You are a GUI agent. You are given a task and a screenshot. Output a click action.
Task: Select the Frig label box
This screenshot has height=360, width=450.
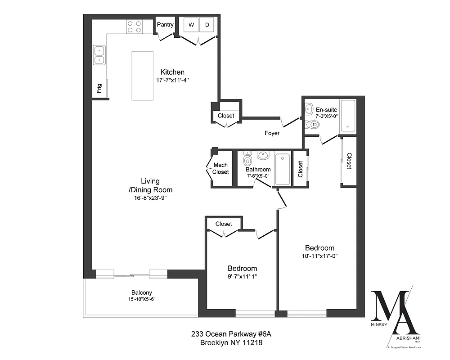[99, 87]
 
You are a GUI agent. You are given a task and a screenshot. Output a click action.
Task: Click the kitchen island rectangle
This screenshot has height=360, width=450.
[143, 76]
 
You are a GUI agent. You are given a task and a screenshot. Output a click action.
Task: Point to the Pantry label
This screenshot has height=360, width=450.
[165, 25]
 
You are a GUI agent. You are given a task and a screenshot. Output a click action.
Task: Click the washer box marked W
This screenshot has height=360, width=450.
[191, 25]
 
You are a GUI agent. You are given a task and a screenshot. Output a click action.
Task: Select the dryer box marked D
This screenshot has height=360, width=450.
[207, 25]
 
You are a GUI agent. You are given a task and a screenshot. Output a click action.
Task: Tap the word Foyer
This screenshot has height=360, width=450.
[272, 133]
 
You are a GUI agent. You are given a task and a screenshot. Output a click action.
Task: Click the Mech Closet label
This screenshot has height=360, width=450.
[221, 169]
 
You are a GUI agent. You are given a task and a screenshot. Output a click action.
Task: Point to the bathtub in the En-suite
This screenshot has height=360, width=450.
[348, 116]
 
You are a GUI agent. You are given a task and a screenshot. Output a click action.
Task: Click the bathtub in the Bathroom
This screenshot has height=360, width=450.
[283, 169]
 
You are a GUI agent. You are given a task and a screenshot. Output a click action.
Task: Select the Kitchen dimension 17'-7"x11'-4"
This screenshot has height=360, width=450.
[172, 81]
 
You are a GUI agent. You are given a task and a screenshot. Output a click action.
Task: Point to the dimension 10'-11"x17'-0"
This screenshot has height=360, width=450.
[319, 256]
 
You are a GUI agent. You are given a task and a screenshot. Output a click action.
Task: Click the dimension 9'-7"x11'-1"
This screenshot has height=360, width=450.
[242, 277]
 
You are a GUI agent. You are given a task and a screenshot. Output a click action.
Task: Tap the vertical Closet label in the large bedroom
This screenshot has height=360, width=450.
[349, 161]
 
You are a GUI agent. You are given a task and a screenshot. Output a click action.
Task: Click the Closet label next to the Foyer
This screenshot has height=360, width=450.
[226, 116]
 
